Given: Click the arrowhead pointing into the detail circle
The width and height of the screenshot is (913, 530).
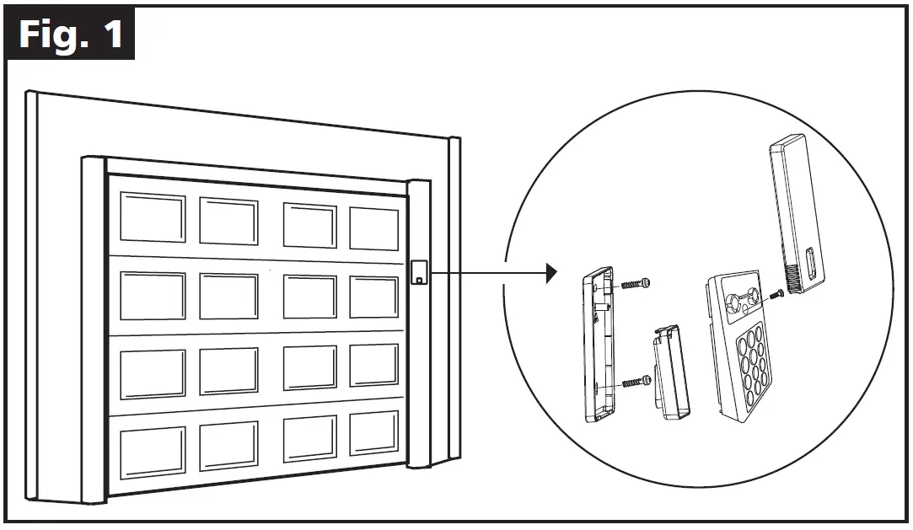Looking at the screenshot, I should (x=551, y=272).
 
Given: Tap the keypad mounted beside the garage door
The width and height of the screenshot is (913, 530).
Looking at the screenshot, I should (x=419, y=273).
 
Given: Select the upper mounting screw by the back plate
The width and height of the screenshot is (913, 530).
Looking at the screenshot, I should (x=636, y=284).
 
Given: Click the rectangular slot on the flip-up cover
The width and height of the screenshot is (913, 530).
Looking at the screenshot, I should (x=810, y=264).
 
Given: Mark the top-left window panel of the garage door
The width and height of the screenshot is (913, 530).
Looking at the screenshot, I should (x=152, y=217).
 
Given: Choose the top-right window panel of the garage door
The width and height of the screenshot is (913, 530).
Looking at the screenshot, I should (x=373, y=228).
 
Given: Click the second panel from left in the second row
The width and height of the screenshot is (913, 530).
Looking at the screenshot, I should (x=228, y=297).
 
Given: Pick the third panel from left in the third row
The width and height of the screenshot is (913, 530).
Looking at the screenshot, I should (x=309, y=367).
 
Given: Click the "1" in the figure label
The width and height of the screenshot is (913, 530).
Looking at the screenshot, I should (x=111, y=35).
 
